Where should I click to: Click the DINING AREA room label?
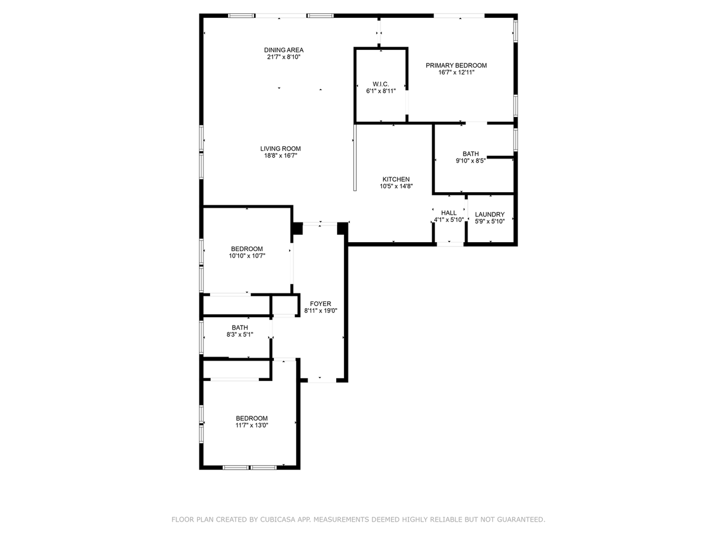click(283, 50)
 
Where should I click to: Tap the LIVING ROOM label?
click(280, 149)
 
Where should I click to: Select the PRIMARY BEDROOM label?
click(456, 66)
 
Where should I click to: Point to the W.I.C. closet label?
click(380, 84)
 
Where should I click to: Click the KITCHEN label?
click(396, 179)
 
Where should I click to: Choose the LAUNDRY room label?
click(490, 214)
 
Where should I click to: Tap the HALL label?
click(449, 212)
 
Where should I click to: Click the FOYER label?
click(320, 304)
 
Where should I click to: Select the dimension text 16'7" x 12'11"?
click(456, 72)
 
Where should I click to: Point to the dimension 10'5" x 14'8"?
click(396, 186)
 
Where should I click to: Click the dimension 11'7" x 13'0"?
click(252, 425)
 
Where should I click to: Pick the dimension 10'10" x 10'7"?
click(246, 256)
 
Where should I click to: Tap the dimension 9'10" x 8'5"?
click(471, 160)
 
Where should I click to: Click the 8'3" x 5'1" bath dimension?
click(240, 335)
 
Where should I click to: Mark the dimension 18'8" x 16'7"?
click(280, 155)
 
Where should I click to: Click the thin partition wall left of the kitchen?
click(355, 157)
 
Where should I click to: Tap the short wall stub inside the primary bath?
click(500, 157)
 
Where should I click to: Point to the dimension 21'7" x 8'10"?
click(283, 57)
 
